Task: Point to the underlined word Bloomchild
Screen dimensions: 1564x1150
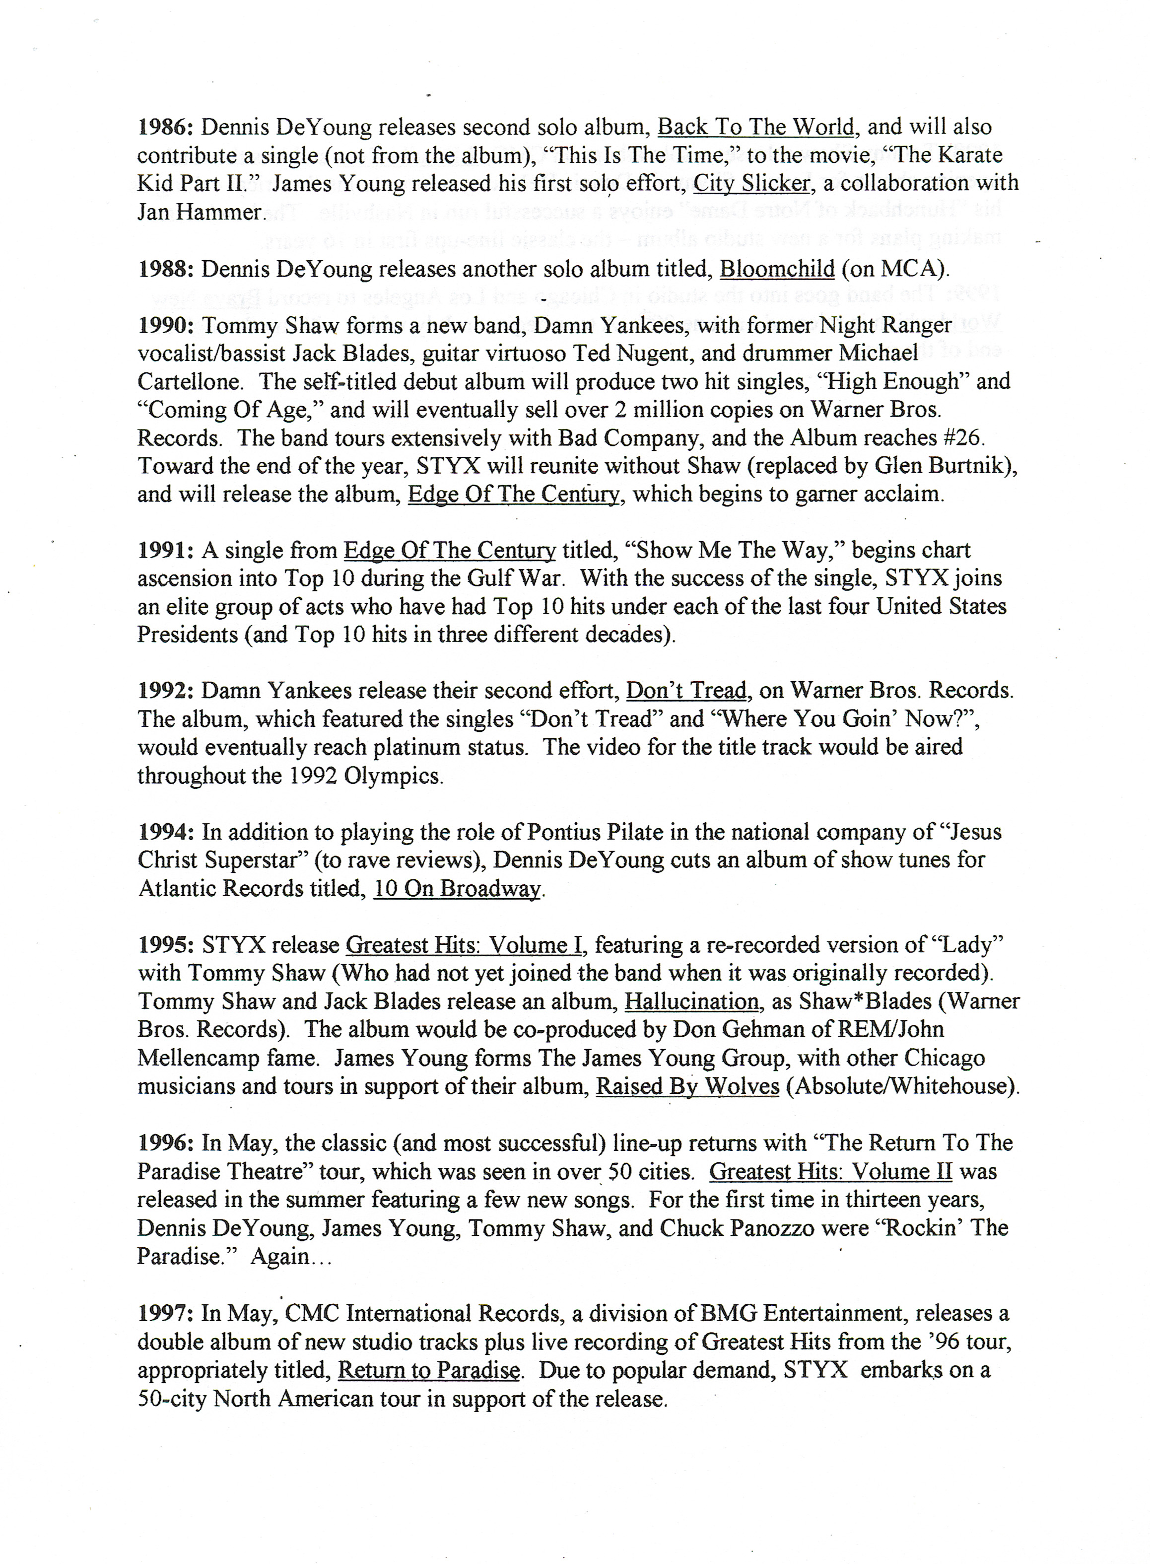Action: (x=776, y=269)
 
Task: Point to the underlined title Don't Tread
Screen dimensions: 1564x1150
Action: (x=686, y=691)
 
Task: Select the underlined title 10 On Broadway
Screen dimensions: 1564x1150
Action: (x=457, y=889)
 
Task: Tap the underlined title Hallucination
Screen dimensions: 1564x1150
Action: (x=691, y=1001)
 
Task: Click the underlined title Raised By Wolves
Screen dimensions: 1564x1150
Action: (x=687, y=1086)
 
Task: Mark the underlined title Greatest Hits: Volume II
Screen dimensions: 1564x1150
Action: (x=830, y=1171)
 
